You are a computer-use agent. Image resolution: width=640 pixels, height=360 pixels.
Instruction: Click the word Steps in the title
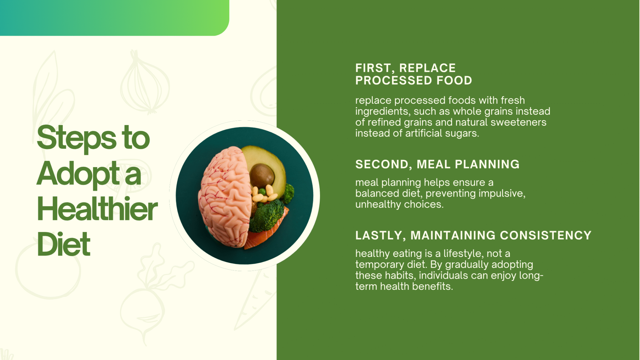click(77, 138)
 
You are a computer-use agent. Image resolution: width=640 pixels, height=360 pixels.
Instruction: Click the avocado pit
click(262, 175)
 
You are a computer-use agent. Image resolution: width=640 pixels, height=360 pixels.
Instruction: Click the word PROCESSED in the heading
click(394, 81)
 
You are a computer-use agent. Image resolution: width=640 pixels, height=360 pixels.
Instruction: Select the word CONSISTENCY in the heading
click(546, 236)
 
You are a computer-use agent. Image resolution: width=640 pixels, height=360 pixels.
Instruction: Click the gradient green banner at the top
click(114, 18)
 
